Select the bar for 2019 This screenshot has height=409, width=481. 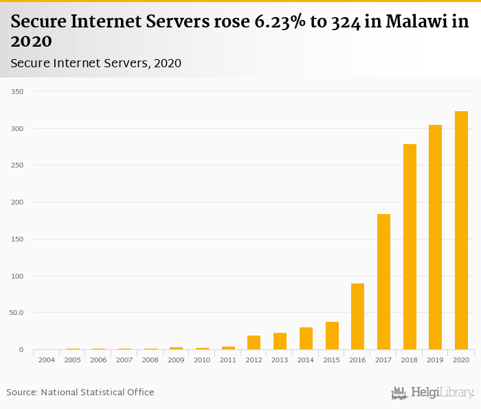435,237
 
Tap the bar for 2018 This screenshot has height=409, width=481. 410,247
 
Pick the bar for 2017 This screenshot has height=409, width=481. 383,282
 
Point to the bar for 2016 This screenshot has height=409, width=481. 357,316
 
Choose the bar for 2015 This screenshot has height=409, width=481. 332,336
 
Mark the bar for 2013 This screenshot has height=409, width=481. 280,341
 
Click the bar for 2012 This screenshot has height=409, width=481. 254,342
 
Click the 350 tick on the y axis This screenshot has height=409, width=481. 17,91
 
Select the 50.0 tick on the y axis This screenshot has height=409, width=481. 16,313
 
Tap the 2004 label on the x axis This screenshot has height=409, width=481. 47,360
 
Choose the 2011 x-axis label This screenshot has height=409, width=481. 228,360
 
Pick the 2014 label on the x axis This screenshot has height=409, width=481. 306,360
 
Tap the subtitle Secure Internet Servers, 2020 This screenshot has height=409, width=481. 96,63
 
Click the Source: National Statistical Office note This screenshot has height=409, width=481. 80,392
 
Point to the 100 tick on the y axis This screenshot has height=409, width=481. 17,277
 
